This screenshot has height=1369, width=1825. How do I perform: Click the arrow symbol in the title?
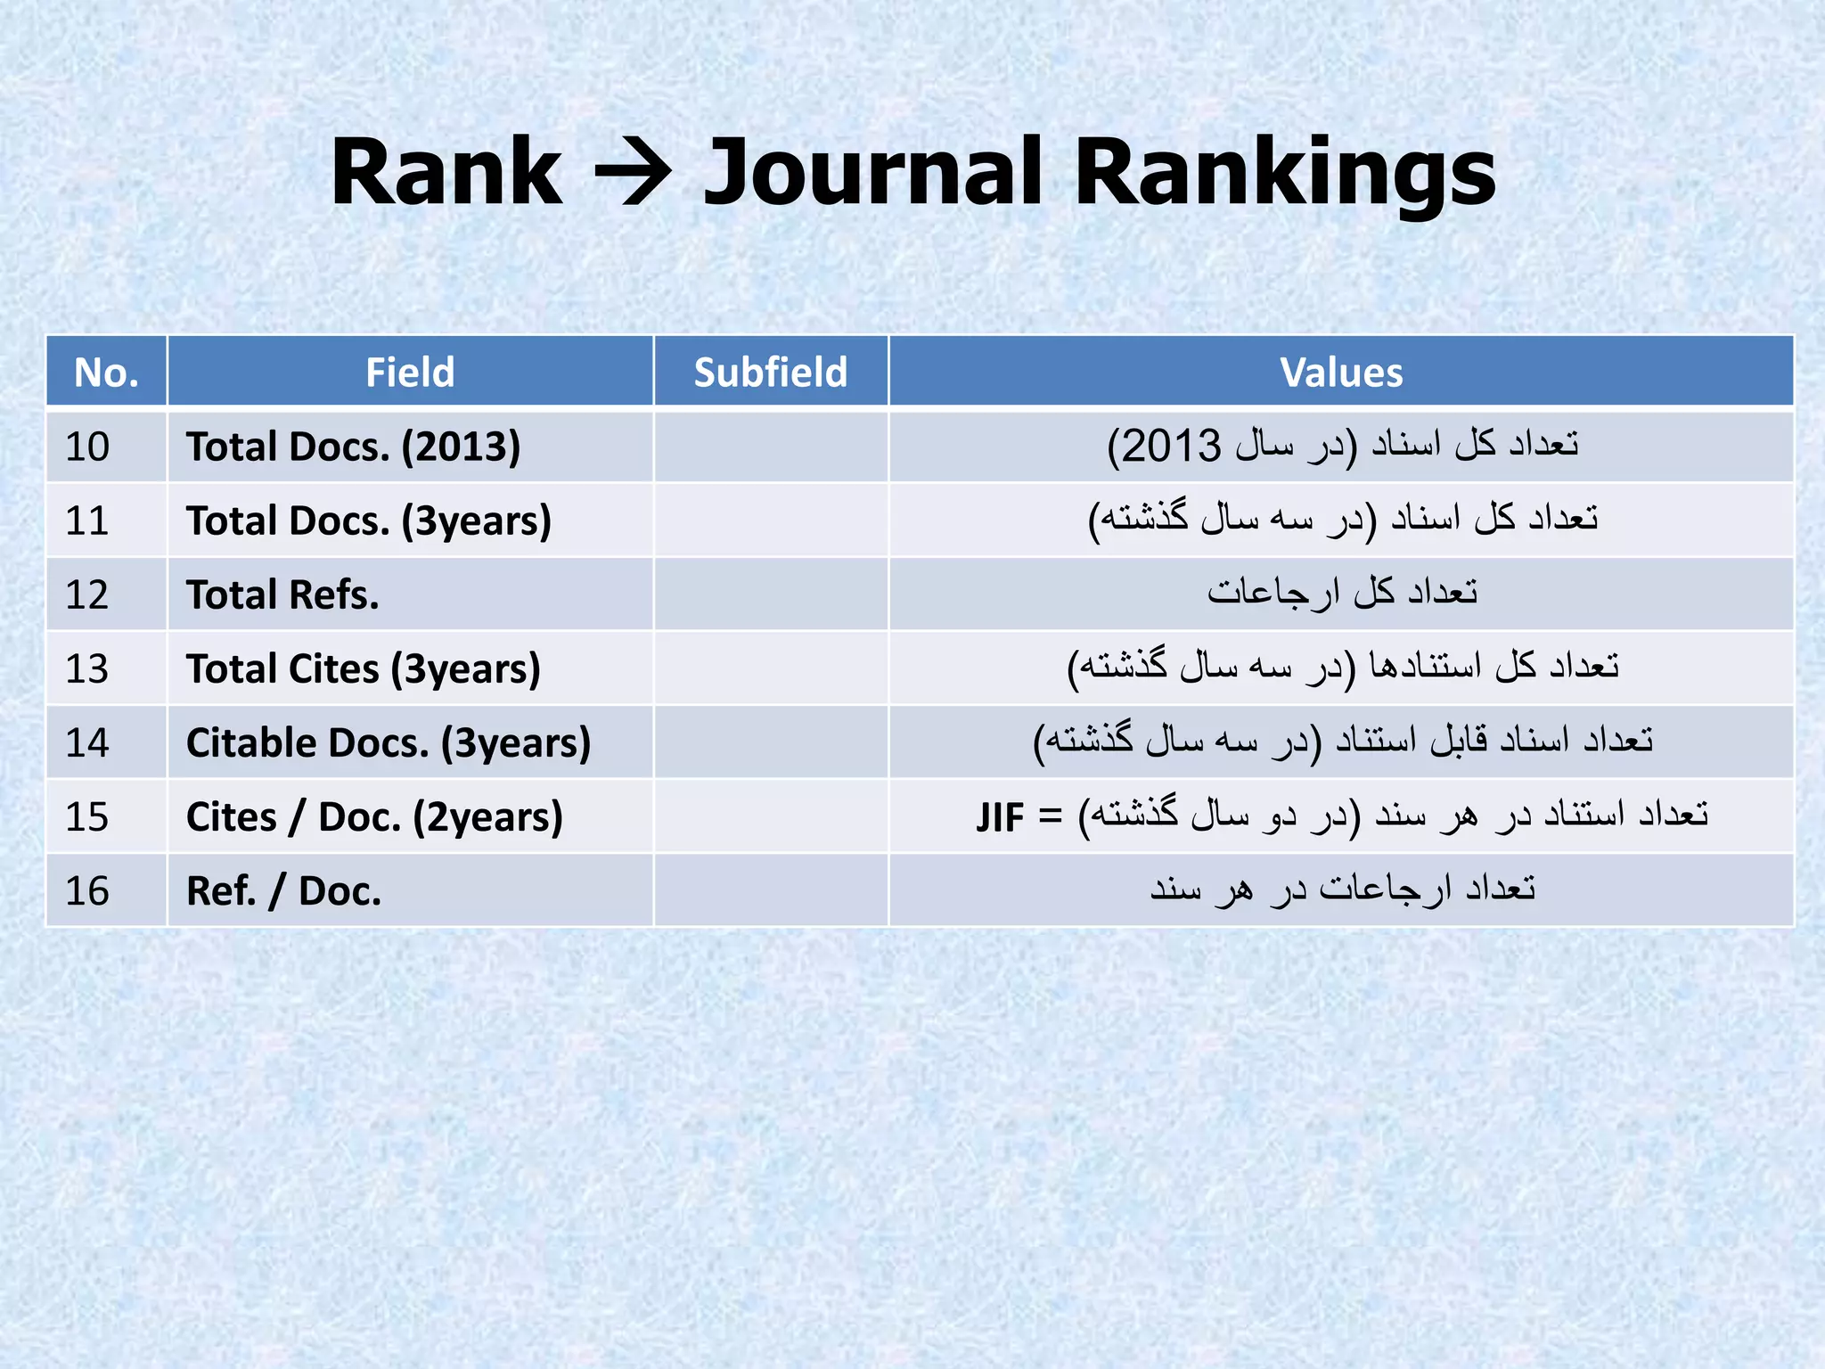point(632,173)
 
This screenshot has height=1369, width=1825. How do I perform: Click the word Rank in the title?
point(446,173)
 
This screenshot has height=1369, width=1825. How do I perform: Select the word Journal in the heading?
point(872,173)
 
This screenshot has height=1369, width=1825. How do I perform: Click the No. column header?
point(106,373)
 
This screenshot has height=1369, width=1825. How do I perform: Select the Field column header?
point(410,373)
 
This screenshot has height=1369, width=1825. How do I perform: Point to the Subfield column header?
point(770,373)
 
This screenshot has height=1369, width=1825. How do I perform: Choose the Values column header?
point(1340,373)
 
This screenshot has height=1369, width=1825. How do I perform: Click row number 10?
point(87,447)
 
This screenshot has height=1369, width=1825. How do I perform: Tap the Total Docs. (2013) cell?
point(353,447)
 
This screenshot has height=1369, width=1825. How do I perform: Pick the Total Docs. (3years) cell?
point(368,521)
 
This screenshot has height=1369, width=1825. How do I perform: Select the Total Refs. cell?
point(282,594)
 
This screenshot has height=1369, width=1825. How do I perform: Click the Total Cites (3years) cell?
point(363,668)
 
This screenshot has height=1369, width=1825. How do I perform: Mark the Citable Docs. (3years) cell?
point(388,742)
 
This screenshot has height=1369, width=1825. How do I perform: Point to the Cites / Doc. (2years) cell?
point(374,816)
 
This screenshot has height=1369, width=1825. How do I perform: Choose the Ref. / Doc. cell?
point(283,890)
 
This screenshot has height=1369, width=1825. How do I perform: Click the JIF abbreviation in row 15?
point(1000,817)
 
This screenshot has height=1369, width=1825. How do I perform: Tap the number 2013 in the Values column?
point(1170,446)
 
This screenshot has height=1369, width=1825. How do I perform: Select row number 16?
point(87,890)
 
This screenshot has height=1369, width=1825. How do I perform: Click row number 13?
point(87,668)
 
